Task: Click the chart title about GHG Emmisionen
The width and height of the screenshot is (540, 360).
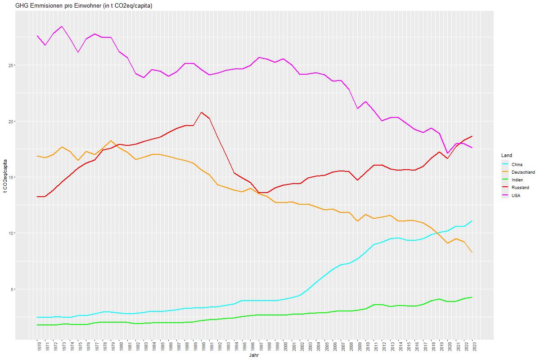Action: click(x=84, y=6)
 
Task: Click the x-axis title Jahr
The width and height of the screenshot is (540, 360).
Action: click(x=255, y=355)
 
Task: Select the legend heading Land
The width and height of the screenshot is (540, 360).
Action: click(x=506, y=155)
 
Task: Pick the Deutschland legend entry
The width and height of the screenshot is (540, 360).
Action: click(x=523, y=172)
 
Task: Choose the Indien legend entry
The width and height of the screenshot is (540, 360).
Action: click(x=517, y=180)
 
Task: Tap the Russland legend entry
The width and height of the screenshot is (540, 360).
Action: click(x=520, y=187)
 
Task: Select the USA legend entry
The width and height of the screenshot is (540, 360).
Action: click(x=516, y=195)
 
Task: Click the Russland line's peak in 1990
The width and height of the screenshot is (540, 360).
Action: click(x=201, y=112)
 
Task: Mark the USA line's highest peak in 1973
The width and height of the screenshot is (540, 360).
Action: click(x=62, y=27)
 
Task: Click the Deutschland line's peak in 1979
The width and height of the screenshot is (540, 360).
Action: click(x=111, y=141)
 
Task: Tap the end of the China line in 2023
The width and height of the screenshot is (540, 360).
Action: click(x=472, y=221)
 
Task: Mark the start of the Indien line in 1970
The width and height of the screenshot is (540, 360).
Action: click(x=37, y=325)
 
